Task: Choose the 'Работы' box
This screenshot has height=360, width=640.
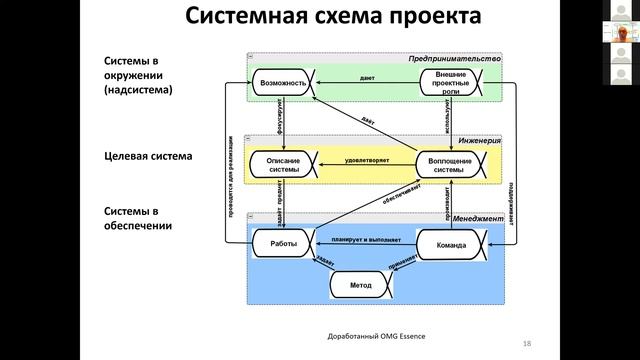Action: click(281, 244)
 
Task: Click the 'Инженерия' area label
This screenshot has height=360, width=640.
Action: click(480, 142)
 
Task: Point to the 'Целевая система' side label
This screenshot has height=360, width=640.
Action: click(148, 157)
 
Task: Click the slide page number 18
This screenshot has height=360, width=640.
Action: click(526, 343)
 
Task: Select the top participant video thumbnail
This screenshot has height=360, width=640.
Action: click(620, 12)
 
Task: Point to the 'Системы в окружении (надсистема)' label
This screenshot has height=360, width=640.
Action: click(141, 74)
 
